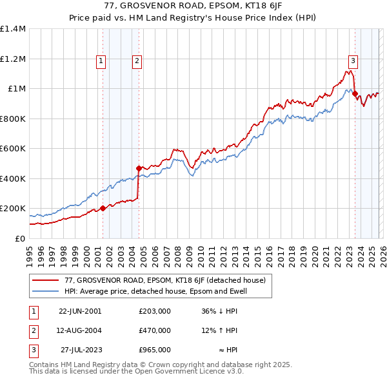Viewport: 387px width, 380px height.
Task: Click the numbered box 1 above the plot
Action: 102,61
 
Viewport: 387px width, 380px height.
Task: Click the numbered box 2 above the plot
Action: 137,61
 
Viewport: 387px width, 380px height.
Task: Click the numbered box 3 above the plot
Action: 353,61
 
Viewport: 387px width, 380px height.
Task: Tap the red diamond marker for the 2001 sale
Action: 103,208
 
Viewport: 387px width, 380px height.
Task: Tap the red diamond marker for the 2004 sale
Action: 139,168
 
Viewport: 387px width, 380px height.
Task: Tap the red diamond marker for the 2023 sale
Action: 355,94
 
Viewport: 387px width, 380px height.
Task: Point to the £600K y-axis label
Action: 13,149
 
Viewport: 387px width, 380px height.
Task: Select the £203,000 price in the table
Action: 155,311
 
